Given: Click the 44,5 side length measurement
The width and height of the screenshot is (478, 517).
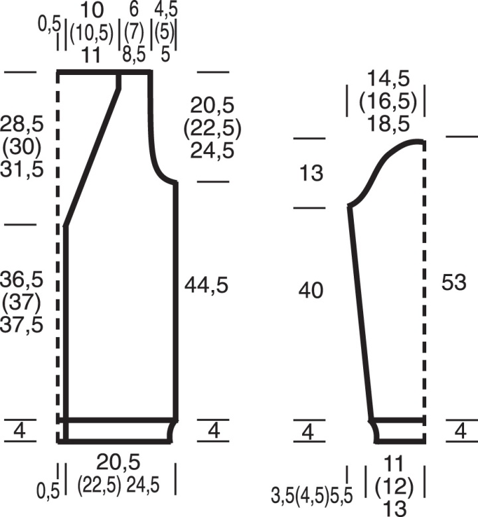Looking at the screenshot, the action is (206, 285).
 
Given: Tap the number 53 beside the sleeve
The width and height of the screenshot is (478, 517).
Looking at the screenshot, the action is (454, 282).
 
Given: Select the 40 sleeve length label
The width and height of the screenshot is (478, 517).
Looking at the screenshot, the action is (311, 291).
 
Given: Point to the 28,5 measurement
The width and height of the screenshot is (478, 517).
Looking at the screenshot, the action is (22, 125).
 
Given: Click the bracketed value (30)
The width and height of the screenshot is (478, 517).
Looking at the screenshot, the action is (22, 147).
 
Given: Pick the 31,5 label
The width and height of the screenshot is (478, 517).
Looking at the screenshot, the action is (22, 170).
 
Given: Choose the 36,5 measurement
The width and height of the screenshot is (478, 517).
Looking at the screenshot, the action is (22, 279).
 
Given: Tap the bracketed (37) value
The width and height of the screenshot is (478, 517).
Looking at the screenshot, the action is (22, 302).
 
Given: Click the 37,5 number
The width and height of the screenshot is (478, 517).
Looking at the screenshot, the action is (22, 325).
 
